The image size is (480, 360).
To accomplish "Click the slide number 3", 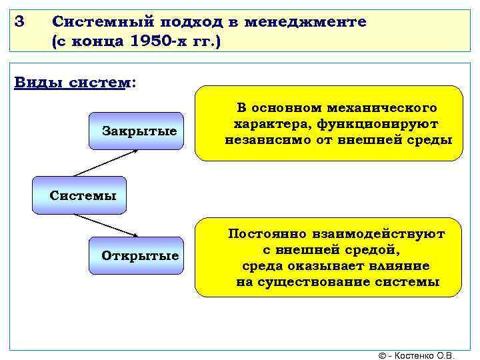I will pyautogui.click(x=19, y=21).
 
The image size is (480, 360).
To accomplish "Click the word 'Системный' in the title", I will pyautogui.click(x=93, y=21).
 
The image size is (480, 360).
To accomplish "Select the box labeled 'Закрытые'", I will pyautogui.click(x=139, y=131).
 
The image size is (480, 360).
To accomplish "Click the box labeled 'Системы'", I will pyautogui.click(x=83, y=195).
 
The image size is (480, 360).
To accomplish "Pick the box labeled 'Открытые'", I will pyautogui.click(x=139, y=256).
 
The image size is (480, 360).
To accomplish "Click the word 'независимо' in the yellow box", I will pyautogui.click(x=261, y=140).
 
